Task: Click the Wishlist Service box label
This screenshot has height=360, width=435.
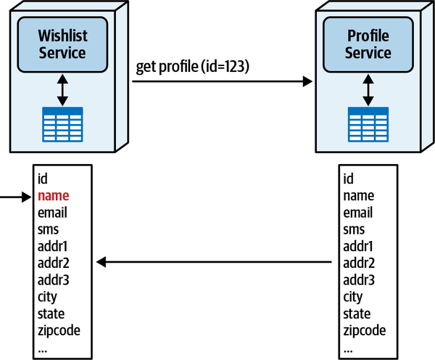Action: point(62,44)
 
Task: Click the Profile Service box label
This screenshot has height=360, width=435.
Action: point(368,44)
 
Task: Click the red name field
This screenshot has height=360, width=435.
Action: point(53,195)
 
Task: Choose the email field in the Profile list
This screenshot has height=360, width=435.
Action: point(357,213)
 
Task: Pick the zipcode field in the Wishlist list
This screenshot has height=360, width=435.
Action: point(59,330)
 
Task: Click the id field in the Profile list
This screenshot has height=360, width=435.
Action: point(348,179)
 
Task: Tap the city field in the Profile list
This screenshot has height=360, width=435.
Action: point(352,297)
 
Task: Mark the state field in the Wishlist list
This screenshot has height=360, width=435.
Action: point(51,314)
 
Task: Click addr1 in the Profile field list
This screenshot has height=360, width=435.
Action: point(358,246)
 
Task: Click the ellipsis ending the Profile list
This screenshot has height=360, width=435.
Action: point(349,347)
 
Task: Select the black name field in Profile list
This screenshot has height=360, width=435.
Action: point(358,195)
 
